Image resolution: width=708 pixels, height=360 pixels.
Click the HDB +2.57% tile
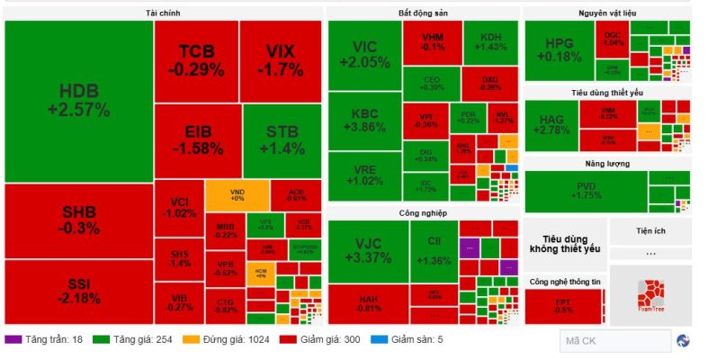click(x=79, y=101)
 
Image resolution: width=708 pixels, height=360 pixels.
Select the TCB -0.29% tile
click(x=195, y=60)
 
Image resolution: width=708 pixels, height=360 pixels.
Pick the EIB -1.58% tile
click(x=196, y=141)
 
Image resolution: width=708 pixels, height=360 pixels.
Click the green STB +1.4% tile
click(x=281, y=141)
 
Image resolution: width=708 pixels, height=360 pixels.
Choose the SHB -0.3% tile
click(x=79, y=220)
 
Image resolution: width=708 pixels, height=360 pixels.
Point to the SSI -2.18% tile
click(x=79, y=291)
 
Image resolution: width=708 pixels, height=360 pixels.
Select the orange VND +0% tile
click(x=237, y=194)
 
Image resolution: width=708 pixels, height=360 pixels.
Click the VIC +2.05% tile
click(x=364, y=55)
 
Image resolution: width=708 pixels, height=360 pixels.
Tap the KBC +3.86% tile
click(x=364, y=121)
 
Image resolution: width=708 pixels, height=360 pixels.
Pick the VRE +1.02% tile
click(x=364, y=175)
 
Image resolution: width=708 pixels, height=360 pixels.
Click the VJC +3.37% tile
click(x=368, y=251)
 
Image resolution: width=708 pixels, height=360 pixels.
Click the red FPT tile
click(x=563, y=306)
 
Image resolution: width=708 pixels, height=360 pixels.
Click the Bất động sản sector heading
click(x=423, y=13)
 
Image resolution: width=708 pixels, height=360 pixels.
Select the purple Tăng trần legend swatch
click(x=13, y=339)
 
